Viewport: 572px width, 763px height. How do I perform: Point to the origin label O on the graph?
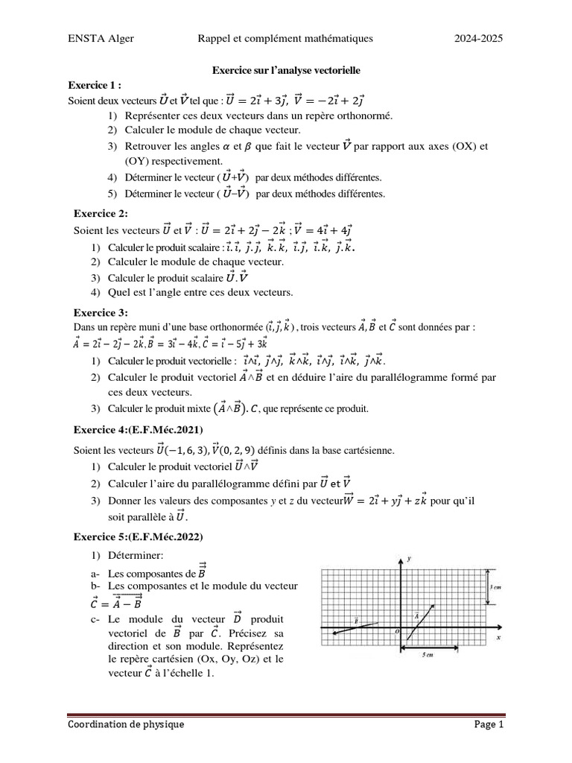coord(397,630)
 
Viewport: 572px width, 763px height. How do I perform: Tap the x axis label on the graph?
coord(498,639)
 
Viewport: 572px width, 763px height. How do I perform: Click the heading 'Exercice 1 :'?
coord(95,85)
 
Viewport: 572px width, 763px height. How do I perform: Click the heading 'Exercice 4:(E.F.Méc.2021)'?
coord(138,431)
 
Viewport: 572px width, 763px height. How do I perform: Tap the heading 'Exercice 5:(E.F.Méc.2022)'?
coord(138,536)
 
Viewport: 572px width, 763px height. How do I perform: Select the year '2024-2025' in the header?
coord(480,39)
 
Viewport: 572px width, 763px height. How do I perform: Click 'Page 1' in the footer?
coord(489,724)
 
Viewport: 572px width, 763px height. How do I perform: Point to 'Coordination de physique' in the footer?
coord(126,724)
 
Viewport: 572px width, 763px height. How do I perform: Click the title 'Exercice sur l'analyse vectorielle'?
coord(286,70)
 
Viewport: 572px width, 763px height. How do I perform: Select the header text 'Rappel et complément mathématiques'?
coord(285,39)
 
